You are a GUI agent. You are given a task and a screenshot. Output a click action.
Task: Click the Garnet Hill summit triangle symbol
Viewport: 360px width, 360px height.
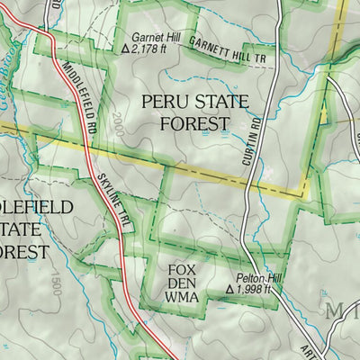[123, 49]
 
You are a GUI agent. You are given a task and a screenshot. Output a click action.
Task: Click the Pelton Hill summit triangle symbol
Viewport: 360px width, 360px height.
[229, 291]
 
